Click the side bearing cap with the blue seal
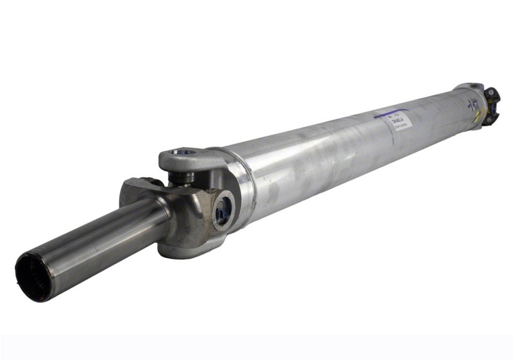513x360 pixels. pyautogui.click(x=223, y=209)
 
